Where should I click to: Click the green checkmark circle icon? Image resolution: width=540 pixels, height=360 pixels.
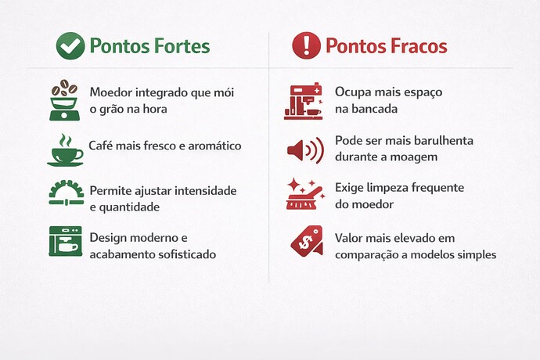70,46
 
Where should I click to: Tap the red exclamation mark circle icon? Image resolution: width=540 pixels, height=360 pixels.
306,46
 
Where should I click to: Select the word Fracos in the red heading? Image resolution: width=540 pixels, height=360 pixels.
419,46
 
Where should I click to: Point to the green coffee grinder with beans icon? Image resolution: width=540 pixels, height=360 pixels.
64,99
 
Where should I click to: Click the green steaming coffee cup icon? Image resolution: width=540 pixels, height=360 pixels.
65,149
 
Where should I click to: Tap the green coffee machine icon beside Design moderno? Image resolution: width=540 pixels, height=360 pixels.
65,243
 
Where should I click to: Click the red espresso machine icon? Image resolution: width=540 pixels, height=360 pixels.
303,102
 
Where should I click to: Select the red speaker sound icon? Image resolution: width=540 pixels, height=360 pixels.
304,149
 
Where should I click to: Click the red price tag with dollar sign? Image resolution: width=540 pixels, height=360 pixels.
305,239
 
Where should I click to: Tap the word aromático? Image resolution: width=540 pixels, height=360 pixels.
210,146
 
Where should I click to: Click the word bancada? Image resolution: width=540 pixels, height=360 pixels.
373,109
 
